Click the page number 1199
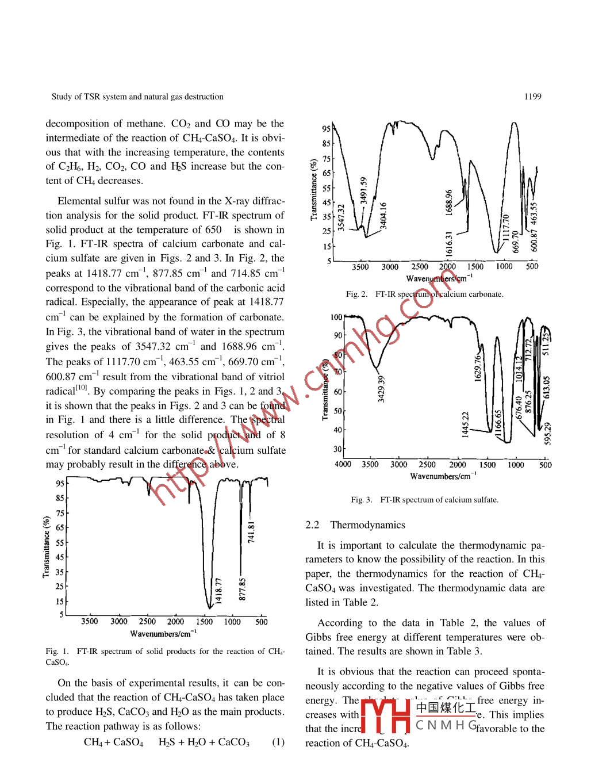(532, 97)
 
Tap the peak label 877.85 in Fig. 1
(243, 589)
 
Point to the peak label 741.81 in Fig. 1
(251, 532)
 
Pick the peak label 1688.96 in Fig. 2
(449, 202)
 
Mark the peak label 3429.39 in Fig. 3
(381, 389)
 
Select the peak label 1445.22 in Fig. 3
(466, 424)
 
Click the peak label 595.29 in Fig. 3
(547, 433)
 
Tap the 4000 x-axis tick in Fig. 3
(343, 465)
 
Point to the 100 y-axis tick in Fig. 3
(336, 317)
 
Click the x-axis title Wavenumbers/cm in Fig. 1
(163, 634)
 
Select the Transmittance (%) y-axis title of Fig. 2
(314, 190)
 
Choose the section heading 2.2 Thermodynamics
(355, 525)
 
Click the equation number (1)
(278, 742)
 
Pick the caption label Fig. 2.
(356, 294)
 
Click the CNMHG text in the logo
(446, 725)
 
